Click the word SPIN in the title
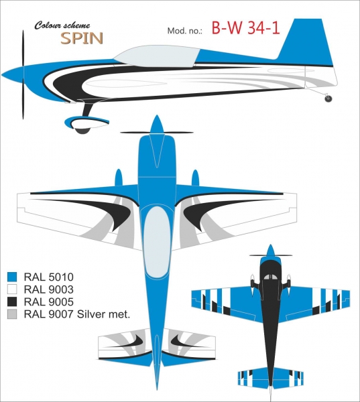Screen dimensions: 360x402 (82, 38)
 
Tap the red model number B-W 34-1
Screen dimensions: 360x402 (245, 27)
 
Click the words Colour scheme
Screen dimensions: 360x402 (62, 25)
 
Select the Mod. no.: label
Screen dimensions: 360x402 (185, 31)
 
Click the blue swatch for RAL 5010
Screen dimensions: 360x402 (12, 277)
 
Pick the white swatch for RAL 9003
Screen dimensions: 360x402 (12, 289)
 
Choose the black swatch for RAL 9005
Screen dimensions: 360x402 (12, 301)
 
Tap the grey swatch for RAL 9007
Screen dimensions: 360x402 (12, 314)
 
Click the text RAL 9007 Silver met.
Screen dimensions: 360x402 (77, 314)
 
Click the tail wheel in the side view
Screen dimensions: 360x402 (328, 98)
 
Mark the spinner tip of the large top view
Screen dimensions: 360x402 (156, 116)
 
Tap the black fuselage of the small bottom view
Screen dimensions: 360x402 (270, 320)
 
